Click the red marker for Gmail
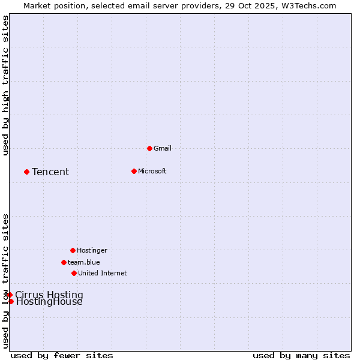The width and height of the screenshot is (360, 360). [149, 148]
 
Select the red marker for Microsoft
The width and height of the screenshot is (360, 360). [134, 171]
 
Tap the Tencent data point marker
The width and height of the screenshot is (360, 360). [26, 172]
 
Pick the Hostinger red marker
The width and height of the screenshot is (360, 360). [73, 250]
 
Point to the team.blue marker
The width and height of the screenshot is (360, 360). [64, 262]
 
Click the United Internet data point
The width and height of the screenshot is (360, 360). [74, 273]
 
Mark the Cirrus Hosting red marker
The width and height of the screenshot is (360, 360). [10, 295]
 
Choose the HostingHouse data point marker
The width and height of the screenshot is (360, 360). [11, 301]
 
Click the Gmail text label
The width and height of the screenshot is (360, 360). [163, 148]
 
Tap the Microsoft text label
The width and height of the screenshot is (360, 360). [152, 171]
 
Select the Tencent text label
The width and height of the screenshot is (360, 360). [50, 172]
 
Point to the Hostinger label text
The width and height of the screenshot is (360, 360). [92, 250]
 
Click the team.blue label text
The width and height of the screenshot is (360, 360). [84, 262]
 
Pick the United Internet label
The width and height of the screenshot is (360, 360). [103, 273]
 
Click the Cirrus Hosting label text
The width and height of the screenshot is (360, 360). [49, 295]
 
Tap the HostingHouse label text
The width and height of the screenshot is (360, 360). [49, 302]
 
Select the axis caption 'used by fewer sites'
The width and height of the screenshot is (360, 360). [62, 355]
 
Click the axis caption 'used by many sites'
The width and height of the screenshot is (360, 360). [301, 355]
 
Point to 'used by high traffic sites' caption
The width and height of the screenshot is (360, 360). [5, 85]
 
